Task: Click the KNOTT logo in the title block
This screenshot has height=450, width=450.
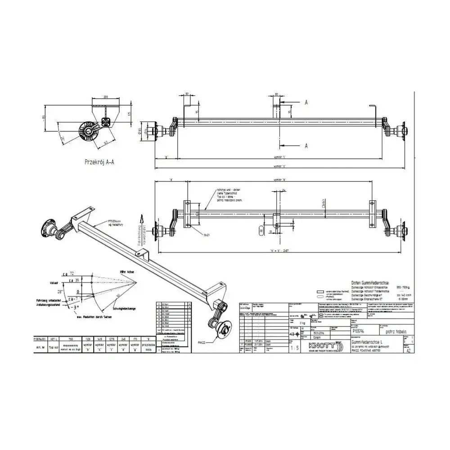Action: [x=321, y=346]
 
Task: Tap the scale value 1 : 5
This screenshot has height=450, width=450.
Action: [x=295, y=348]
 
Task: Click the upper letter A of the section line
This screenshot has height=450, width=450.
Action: [x=306, y=103]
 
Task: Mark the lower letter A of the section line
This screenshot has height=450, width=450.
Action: [x=306, y=146]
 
